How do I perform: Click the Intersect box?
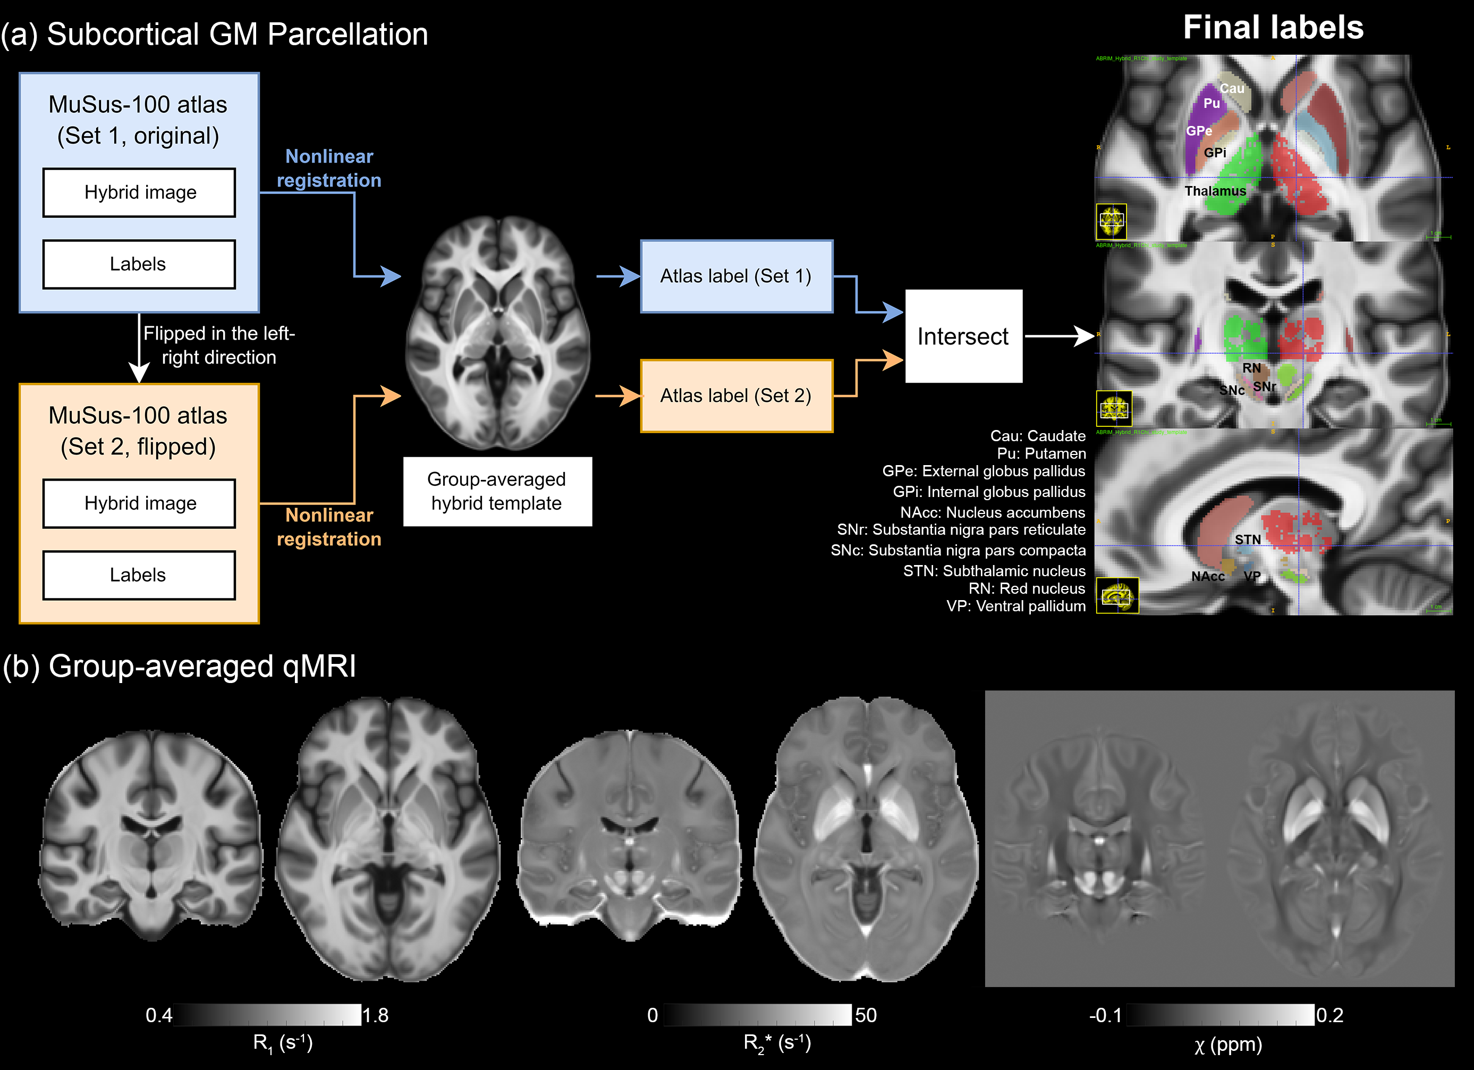click(963, 336)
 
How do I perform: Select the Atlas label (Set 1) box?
click(736, 276)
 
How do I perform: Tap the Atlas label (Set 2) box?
click(736, 396)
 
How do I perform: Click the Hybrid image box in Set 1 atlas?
click(139, 192)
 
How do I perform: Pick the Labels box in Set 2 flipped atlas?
click(139, 575)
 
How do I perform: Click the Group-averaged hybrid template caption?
click(497, 492)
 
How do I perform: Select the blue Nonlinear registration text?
click(329, 168)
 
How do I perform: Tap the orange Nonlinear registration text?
click(329, 527)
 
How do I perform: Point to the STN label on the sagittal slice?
click(1247, 540)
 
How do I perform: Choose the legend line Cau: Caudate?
click(1037, 435)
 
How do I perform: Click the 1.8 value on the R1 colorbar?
click(376, 1015)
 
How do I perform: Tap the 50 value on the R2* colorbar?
click(866, 1015)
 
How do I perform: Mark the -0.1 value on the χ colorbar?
click(1105, 1015)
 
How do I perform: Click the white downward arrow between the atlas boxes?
click(139, 351)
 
